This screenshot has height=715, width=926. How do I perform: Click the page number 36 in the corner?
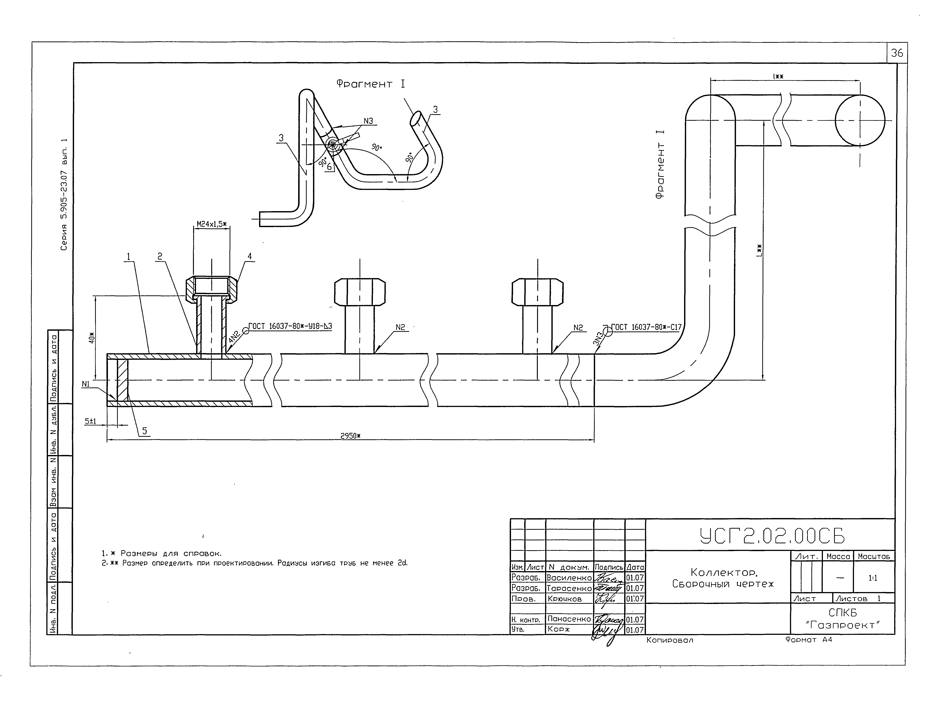pos(897,53)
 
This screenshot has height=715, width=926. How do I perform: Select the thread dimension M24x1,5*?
pos(212,224)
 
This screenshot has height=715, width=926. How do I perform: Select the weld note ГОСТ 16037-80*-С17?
pos(646,327)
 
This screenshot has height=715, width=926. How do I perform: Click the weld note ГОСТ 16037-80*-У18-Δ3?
pos(290,326)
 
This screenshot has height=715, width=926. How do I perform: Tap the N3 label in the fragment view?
pos(368,121)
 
